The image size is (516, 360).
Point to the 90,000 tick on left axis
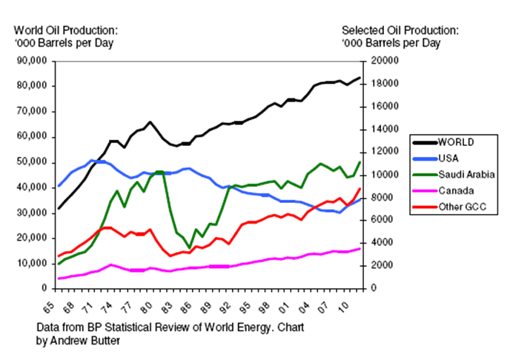coord(31,61)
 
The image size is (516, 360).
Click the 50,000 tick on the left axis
coord(31,162)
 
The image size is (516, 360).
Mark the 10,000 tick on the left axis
coord(31,263)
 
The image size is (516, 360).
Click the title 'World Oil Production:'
coord(66,30)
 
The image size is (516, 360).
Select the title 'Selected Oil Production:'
coord(400,30)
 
